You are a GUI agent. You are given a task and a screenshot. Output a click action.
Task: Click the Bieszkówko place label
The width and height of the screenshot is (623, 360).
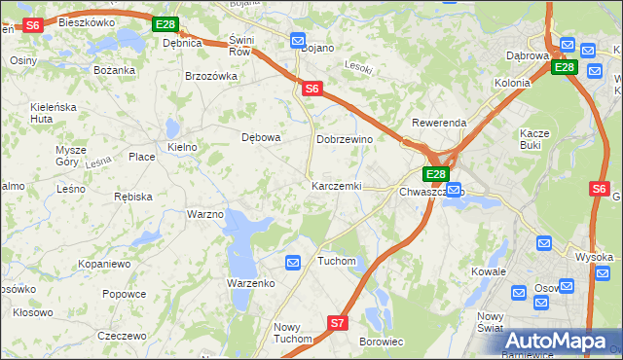[x=86, y=20]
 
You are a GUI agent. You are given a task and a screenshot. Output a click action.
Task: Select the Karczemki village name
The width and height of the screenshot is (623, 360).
[x=336, y=185]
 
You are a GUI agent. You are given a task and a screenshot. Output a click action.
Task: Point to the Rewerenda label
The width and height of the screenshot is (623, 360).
[x=439, y=123]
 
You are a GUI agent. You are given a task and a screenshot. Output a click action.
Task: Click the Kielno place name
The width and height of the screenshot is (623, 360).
[x=182, y=147]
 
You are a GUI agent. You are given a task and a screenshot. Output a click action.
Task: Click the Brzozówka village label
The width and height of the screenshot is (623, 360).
[x=211, y=75]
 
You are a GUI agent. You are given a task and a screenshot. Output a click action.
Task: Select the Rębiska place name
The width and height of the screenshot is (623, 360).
[x=133, y=196]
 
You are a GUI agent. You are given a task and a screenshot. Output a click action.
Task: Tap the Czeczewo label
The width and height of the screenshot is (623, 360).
[x=122, y=335]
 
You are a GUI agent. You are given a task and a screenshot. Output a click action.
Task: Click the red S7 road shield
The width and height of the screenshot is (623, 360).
[x=337, y=322]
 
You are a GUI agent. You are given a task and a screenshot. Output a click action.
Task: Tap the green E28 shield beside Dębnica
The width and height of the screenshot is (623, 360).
[x=165, y=24]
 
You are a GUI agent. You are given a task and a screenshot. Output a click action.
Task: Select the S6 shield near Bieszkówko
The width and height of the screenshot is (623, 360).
[x=32, y=25]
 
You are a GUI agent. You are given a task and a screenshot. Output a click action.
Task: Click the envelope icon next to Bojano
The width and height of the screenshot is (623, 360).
[x=298, y=40]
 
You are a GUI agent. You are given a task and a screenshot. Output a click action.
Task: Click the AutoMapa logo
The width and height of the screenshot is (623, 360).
[x=560, y=340]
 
